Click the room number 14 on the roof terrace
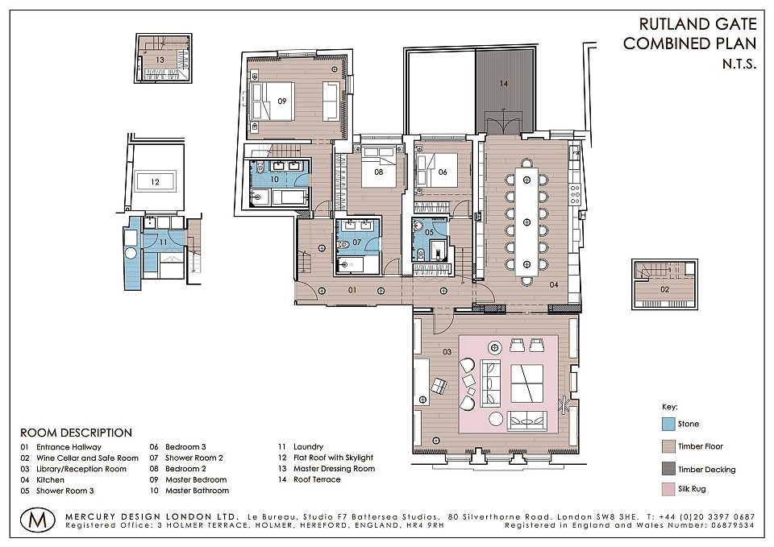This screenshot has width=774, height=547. point(503,83)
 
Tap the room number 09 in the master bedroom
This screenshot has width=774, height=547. point(282,102)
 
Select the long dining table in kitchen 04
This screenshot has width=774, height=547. point(526,222)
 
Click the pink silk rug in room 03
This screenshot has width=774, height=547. point(509,384)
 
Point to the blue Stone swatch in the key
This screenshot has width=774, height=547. point(668,424)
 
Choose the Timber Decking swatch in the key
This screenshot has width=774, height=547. point(668,469)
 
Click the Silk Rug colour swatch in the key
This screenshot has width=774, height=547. point(668,489)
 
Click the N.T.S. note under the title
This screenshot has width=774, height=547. point(739,64)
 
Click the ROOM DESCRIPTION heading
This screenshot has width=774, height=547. point(76,433)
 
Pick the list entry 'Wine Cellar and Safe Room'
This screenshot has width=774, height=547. point(87,458)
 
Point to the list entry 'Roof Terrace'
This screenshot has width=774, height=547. point(317,479)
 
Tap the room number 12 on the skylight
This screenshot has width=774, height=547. point(155,182)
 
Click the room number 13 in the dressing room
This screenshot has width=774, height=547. point(160,60)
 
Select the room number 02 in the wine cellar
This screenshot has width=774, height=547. point(665,289)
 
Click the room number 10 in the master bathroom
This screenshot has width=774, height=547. point(274,179)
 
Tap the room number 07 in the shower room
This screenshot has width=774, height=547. point(357,242)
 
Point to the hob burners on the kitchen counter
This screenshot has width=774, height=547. point(575,194)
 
